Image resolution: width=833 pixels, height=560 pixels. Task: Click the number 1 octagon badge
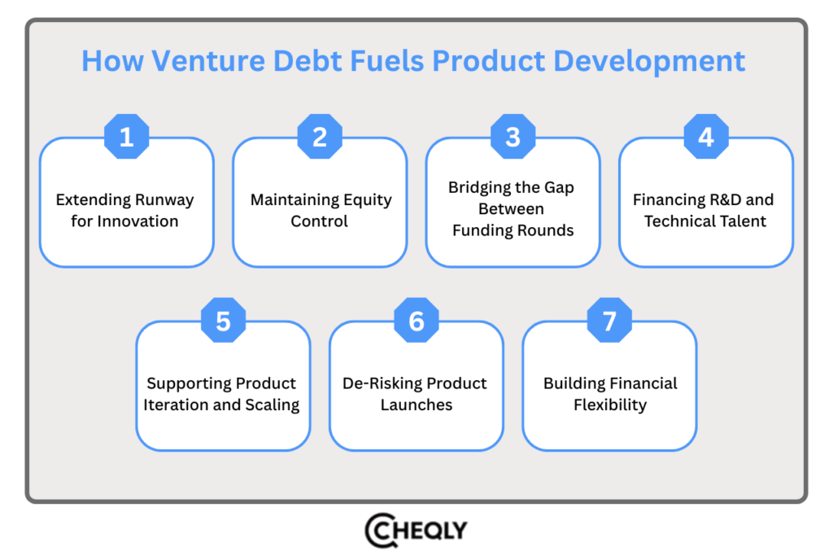tap(126, 137)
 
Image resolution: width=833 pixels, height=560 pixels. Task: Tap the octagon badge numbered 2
tap(320, 137)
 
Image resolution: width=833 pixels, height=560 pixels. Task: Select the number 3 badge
tap(512, 137)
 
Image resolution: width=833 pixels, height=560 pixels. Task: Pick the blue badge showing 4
tap(706, 137)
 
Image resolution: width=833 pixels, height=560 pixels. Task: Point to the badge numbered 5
tap(223, 321)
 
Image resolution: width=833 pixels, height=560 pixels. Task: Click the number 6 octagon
tap(416, 321)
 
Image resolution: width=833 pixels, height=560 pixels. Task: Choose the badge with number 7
tap(609, 321)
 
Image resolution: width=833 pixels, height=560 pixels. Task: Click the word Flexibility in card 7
tap(610, 405)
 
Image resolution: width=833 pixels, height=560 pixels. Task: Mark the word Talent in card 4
tap(739, 221)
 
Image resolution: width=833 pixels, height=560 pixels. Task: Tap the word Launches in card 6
tap(416, 405)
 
